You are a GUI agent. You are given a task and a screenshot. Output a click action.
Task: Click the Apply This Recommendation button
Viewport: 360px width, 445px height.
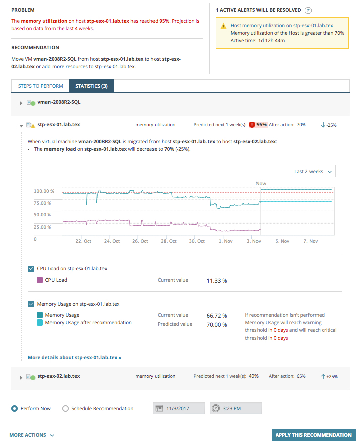click(x=313, y=435)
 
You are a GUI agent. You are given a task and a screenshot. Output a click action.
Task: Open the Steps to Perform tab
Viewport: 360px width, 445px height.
click(x=40, y=86)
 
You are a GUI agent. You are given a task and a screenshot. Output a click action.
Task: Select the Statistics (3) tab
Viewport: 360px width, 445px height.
click(x=91, y=86)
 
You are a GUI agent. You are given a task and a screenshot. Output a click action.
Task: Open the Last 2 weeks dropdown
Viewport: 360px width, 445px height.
click(x=314, y=172)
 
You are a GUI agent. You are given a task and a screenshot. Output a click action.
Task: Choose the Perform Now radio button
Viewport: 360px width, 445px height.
click(x=15, y=408)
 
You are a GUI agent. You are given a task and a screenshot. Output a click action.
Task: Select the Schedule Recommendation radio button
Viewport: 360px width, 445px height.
click(x=65, y=408)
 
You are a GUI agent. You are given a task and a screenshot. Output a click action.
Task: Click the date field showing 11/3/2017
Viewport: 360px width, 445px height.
click(x=179, y=408)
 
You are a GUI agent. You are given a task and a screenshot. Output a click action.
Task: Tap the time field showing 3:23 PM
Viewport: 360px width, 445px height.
click(x=235, y=408)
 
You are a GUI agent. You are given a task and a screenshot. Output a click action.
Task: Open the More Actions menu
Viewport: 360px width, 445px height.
click(x=32, y=435)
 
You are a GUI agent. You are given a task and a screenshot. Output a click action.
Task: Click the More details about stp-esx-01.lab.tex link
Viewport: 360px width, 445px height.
click(x=74, y=357)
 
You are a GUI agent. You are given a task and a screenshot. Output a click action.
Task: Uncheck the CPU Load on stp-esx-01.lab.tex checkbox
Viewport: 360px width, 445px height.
click(x=31, y=269)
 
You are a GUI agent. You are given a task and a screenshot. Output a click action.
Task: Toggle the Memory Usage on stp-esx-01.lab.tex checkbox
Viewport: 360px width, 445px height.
click(x=31, y=304)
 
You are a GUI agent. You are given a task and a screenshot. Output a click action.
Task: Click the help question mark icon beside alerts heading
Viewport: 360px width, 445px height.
click(x=308, y=10)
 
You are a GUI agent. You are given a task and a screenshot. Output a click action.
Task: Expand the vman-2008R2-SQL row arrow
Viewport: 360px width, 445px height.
click(x=21, y=103)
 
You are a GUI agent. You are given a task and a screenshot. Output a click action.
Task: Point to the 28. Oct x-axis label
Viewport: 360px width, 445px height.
click(x=169, y=241)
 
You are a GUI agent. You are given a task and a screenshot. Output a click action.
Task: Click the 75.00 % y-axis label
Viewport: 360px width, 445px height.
click(x=42, y=203)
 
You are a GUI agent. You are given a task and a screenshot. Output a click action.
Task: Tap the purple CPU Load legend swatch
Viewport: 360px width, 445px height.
click(x=40, y=280)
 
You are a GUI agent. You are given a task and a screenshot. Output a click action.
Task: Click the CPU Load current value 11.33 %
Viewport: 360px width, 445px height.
click(x=217, y=280)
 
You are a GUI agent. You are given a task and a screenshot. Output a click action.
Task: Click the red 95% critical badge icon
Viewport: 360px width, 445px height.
click(x=252, y=124)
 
